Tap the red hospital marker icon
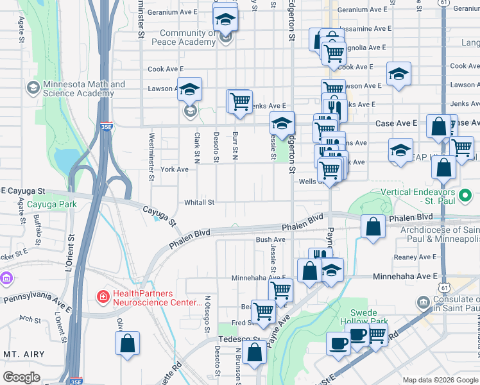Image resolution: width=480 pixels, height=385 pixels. click(x=102, y=296)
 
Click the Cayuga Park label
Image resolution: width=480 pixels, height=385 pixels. click(x=52, y=204)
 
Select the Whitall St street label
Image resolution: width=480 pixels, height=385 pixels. click(x=199, y=202)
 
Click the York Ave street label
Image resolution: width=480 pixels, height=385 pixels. click(x=175, y=169)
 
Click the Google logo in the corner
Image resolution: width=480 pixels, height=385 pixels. click(x=21, y=377)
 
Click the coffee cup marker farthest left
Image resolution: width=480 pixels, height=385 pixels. click(x=338, y=343)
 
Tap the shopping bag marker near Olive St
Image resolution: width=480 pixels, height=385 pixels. click(x=128, y=343)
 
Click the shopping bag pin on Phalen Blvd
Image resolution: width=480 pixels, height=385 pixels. click(x=373, y=226)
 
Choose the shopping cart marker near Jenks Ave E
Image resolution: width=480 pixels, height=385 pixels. click(x=240, y=101)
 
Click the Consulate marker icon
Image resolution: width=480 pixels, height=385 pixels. click(x=422, y=302)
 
